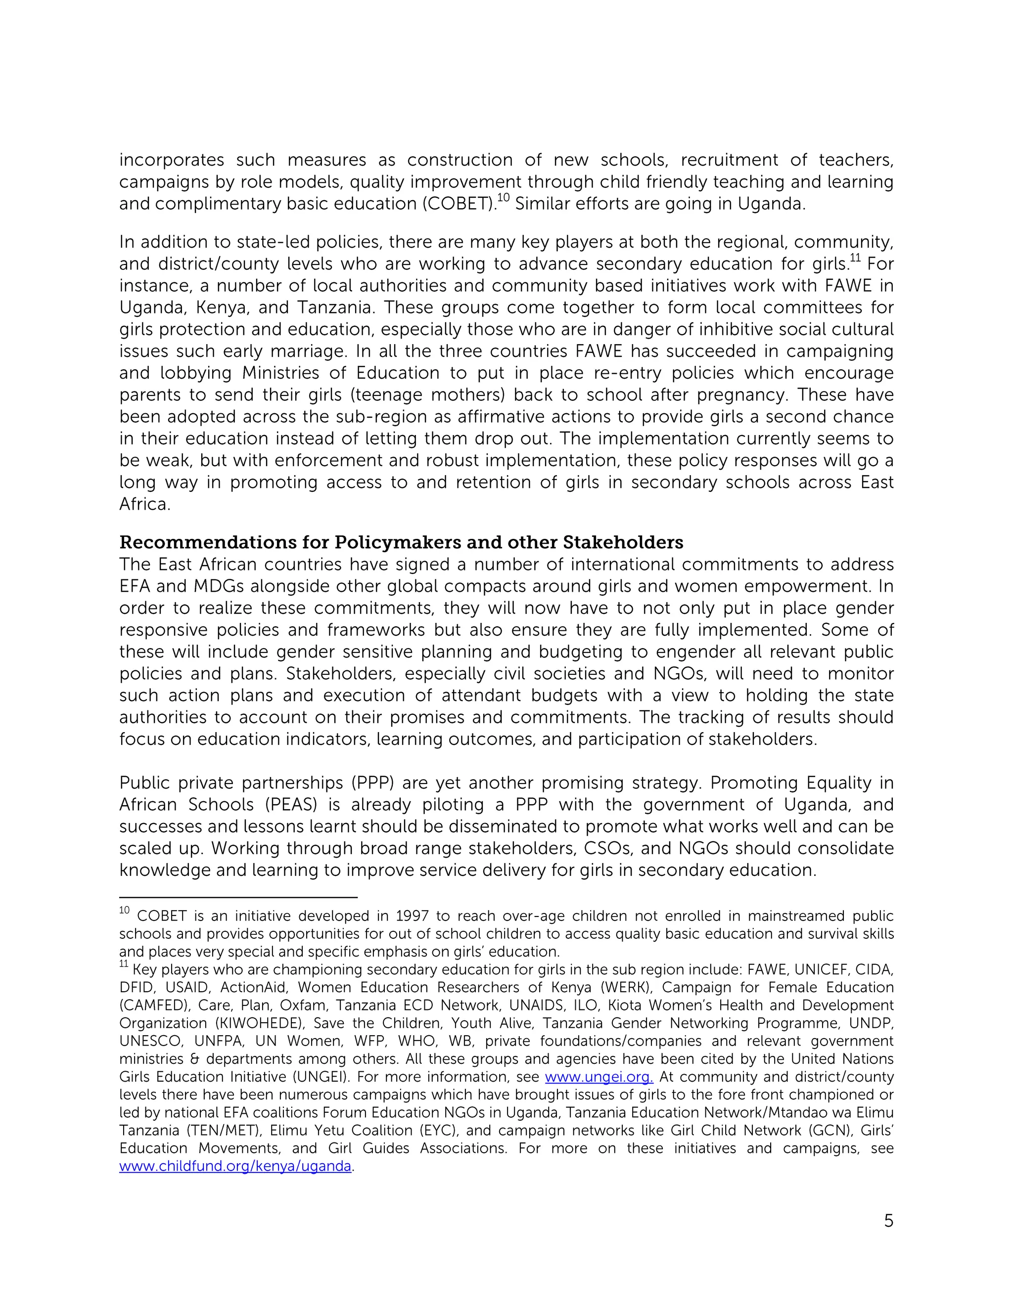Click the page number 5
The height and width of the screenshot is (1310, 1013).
coord(888,1221)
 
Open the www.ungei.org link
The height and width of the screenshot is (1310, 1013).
coord(599,1077)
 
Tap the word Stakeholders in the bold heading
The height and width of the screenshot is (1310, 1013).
coord(622,542)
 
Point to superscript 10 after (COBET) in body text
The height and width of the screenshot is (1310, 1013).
coord(504,197)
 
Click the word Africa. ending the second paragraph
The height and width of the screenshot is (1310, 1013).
coord(144,504)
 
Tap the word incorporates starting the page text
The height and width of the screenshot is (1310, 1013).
coord(171,160)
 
